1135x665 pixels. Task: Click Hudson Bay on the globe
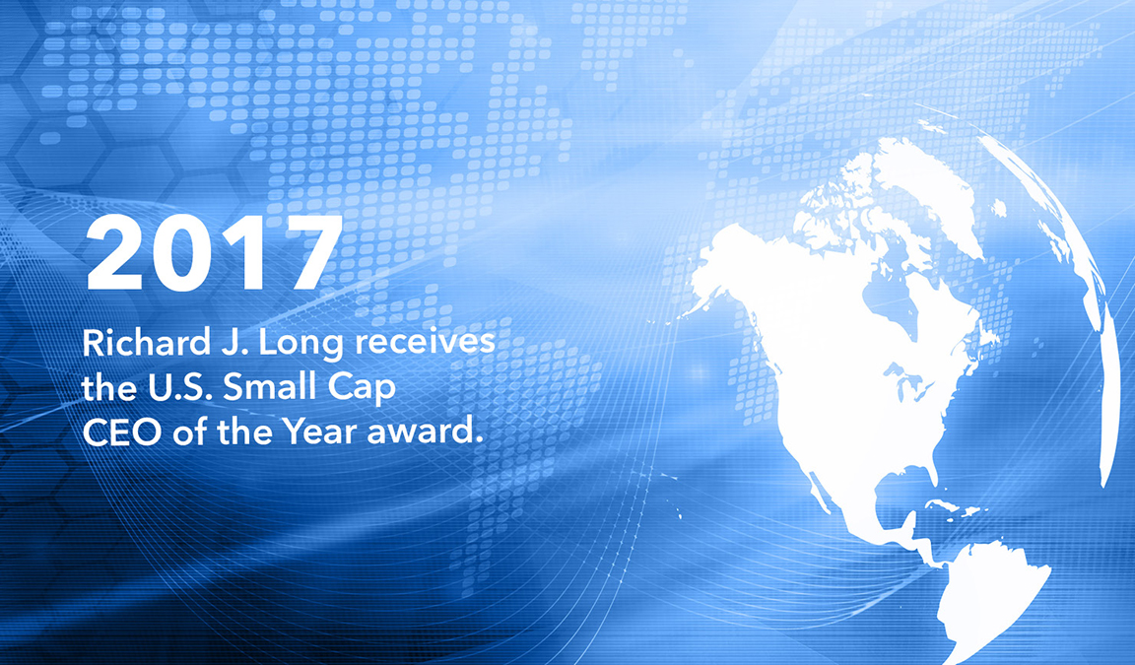(888, 296)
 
